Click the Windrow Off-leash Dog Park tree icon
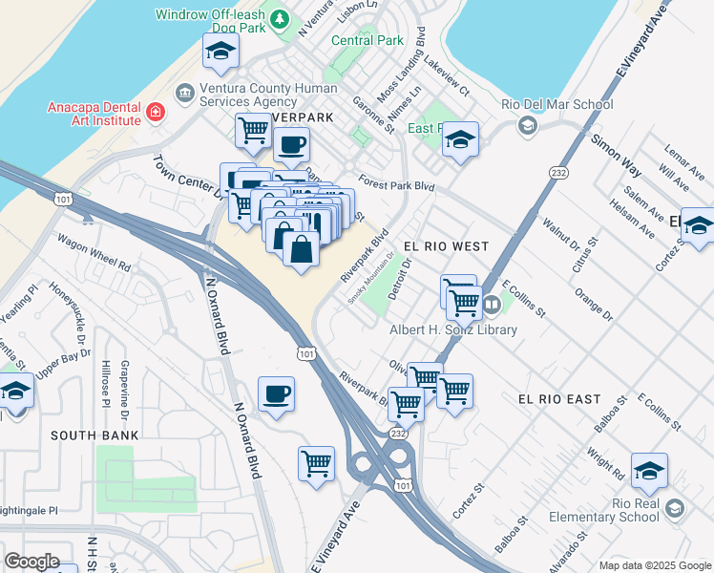pyautogui.click(x=280, y=19)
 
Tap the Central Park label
pyautogui.click(x=367, y=40)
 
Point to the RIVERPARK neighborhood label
pyautogui.click(x=298, y=117)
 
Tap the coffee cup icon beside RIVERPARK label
pyautogui.click(x=291, y=146)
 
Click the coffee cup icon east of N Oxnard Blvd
pyautogui.click(x=276, y=394)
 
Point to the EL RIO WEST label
pyautogui.click(x=446, y=246)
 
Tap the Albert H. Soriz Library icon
pyautogui.click(x=492, y=305)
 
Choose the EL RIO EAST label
pyautogui.click(x=559, y=398)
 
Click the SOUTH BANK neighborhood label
pyautogui.click(x=94, y=435)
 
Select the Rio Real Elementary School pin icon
pyautogui.click(x=676, y=507)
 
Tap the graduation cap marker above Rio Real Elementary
pyautogui.click(x=649, y=471)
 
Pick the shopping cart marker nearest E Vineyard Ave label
pyautogui.click(x=316, y=464)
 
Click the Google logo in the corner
pyautogui.click(x=31, y=561)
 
